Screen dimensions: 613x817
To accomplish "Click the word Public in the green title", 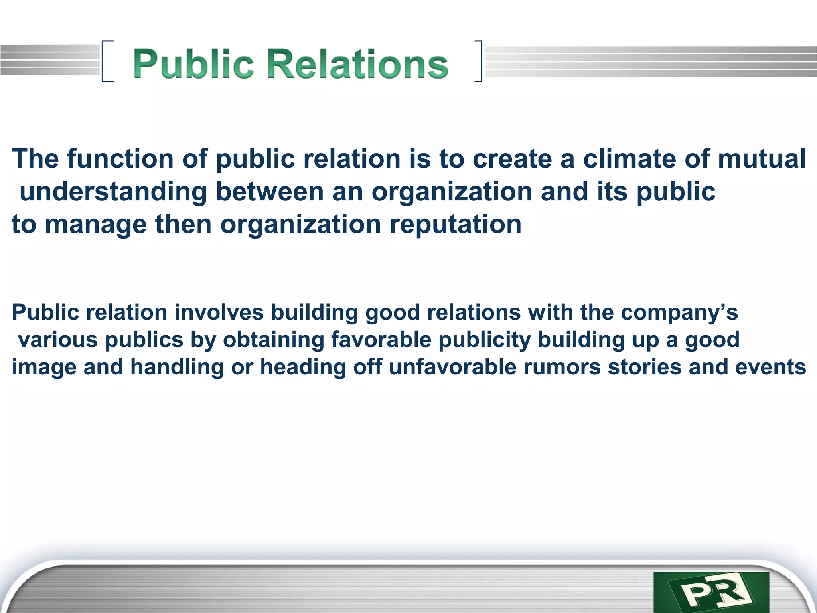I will coord(193,64).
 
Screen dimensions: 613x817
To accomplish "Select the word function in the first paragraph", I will coord(120,159).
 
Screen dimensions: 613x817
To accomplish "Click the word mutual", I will coord(762,159).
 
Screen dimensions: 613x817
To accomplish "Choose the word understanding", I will coord(113,192).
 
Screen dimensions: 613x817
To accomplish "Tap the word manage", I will coord(96,224).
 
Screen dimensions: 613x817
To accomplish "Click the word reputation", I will coord(455,224).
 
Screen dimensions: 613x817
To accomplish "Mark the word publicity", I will coord(485,340).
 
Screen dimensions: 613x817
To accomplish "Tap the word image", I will coord(44,367).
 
